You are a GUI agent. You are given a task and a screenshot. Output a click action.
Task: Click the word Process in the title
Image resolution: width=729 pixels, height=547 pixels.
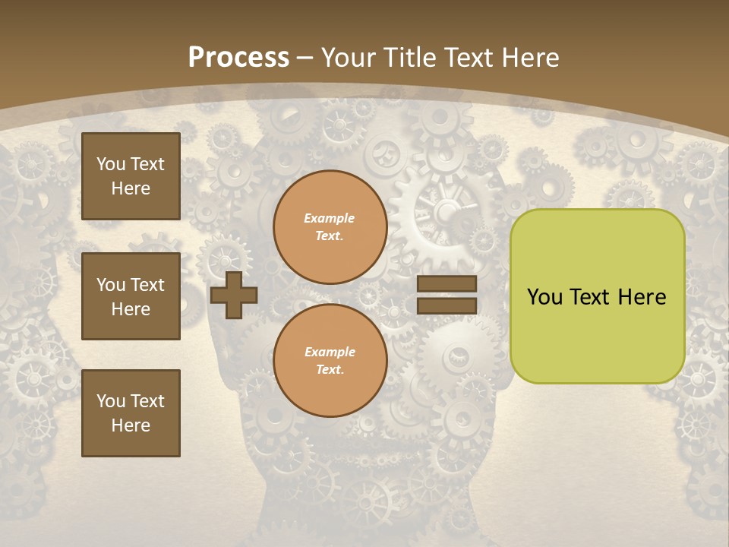(x=238, y=57)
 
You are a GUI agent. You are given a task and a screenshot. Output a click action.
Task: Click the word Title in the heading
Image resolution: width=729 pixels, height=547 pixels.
(x=412, y=57)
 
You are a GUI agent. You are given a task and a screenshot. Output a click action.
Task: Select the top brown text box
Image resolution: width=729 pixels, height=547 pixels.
(x=131, y=176)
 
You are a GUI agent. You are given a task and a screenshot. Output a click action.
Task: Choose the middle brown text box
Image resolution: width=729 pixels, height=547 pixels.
(x=131, y=296)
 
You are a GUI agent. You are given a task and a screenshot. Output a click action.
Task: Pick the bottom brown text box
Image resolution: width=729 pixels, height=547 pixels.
(x=131, y=413)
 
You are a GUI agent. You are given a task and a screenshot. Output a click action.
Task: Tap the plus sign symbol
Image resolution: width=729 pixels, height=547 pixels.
(x=234, y=295)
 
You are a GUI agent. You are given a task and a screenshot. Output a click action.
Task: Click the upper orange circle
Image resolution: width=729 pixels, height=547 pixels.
(x=330, y=226)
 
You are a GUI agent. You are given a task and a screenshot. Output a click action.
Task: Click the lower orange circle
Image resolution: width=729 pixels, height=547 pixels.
(x=330, y=360)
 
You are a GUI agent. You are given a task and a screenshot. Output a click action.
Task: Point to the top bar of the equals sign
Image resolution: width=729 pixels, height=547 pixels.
(x=447, y=283)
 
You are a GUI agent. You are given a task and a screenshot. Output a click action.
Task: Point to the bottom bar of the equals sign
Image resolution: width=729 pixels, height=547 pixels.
(x=447, y=305)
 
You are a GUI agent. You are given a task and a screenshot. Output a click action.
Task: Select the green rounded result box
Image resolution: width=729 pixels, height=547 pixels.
(x=597, y=296)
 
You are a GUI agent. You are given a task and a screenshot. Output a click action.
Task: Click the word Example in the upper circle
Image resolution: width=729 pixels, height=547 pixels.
(x=329, y=218)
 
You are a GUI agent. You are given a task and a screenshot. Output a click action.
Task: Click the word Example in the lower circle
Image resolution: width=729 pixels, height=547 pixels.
(x=329, y=352)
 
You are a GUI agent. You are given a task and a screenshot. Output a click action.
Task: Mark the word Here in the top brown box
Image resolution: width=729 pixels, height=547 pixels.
(x=131, y=188)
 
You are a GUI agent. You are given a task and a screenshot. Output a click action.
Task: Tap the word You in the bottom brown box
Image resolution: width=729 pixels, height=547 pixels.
(x=111, y=401)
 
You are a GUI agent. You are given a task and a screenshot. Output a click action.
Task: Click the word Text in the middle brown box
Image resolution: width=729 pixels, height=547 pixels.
(x=147, y=285)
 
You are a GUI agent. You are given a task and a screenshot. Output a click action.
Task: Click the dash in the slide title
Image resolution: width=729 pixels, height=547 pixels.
(x=305, y=58)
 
